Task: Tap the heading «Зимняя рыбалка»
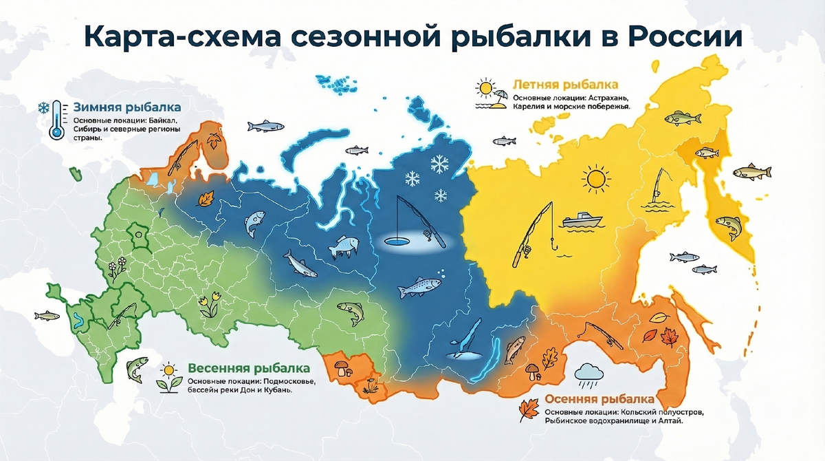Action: [x=126, y=108]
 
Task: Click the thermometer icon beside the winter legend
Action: [x=57, y=125]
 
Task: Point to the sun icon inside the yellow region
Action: [x=595, y=180]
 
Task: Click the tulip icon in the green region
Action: [x=208, y=303]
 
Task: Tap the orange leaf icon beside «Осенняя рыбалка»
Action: [x=527, y=410]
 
